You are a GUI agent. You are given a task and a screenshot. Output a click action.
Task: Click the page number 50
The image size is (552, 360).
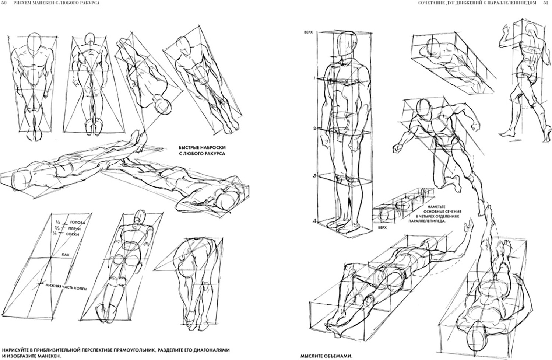[x=4, y=3]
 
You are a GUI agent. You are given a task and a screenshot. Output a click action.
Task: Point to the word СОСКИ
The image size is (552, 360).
[x=76, y=234]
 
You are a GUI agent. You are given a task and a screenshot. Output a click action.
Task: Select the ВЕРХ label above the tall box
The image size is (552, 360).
[x=308, y=32]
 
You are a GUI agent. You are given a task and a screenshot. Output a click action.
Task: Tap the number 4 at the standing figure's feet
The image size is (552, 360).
[x=314, y=220]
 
